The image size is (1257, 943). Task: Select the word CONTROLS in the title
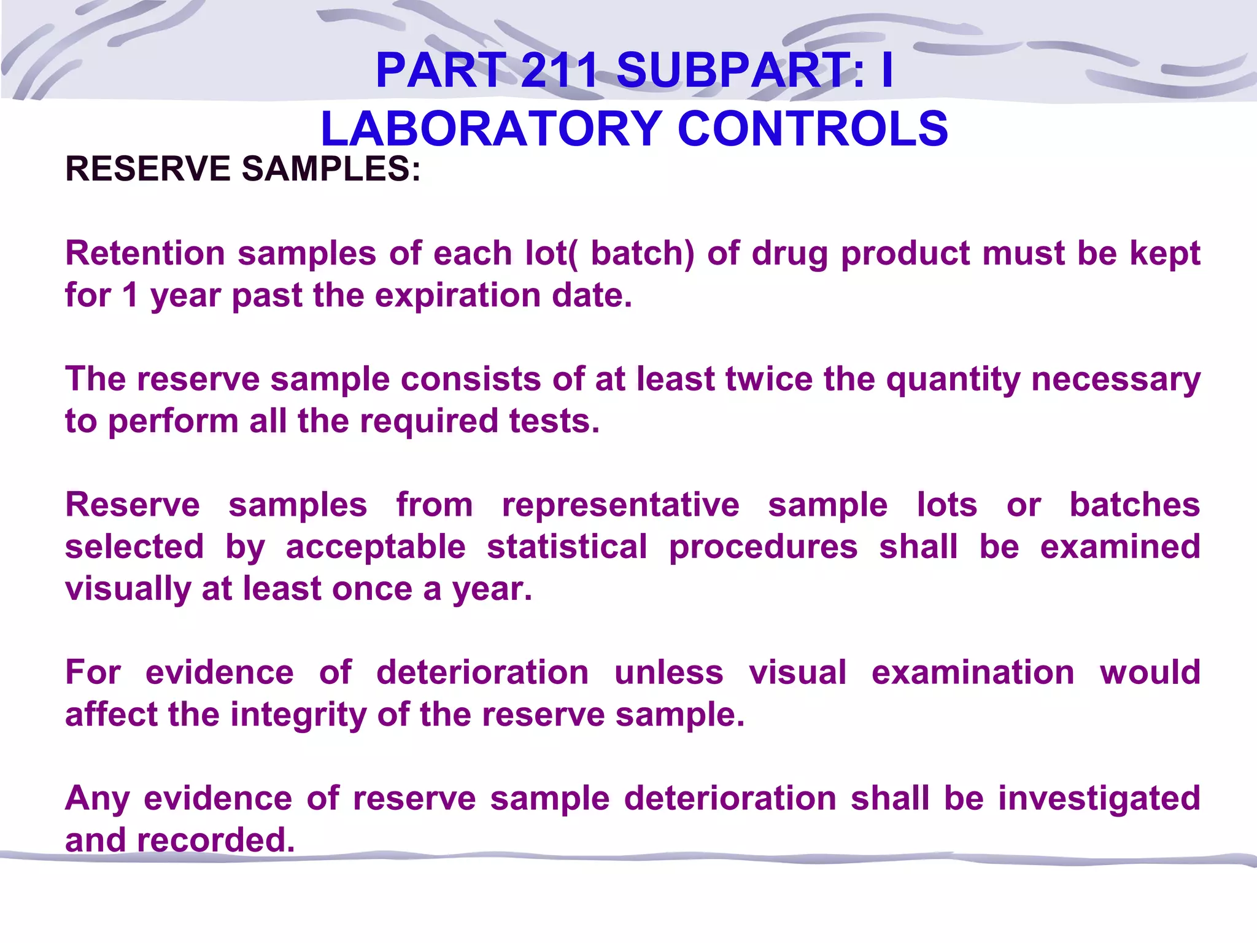pyautogui.click(x=813, y=129)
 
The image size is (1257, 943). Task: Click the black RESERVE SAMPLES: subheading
pyautogui.click(x=243, y=169)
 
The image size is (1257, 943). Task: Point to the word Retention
pyautogui.click(x=145, y=253)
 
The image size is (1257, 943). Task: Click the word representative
pyautogui.click(x=621, y=506)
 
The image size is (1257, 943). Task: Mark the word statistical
pyautogui.click(x=567, y=546)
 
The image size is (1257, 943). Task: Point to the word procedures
pyautogui.click(x=763, y=548)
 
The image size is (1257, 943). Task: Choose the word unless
pyautogui.click(x=669, y=672)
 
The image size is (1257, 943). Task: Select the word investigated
pyautogui.click(x=1099, y=799)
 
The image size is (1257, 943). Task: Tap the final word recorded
pyautogui.click(x=215, y=840)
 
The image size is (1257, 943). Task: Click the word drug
pyautogui.click(x=789, y=254)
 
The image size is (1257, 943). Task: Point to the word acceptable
pyautogui.click(x=376, y=548)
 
